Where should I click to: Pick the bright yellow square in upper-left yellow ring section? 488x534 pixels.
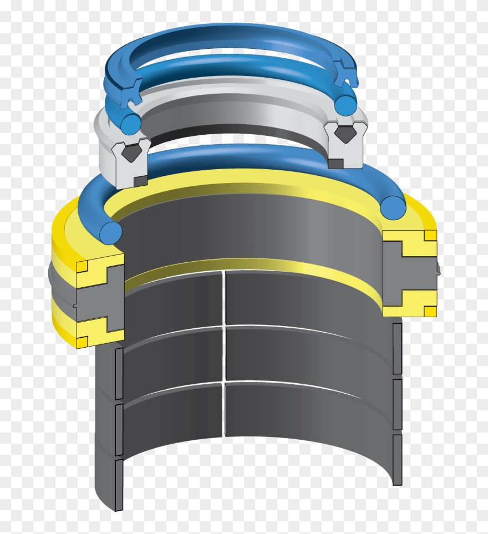pyautogui.click(x=81, y=267)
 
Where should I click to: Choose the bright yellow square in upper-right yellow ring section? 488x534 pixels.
pyautogui.click(x=430, y=235)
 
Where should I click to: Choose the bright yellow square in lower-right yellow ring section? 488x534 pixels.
pyautogui.click(x=430, y=308)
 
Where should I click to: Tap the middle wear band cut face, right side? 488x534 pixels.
pyautogui.click(x=397, y=405)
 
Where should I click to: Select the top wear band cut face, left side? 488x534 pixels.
pyautogui.click(x=119, y=374)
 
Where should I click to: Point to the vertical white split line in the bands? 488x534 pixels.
pyautogui.click(x=223, y=355)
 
